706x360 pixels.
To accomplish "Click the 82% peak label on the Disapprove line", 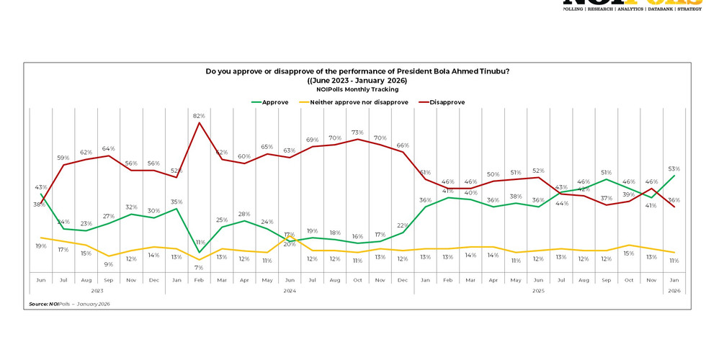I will [x=199, y=116].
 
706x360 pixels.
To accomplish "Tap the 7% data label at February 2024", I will [x=199, y=268].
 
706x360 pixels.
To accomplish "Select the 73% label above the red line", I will [x=357, y=133].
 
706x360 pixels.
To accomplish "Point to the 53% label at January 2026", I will [x=674, y=169].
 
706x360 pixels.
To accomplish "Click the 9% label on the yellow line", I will [x=109, y=264].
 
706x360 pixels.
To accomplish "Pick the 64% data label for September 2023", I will [x=109, y=149].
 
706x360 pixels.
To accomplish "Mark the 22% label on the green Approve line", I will [x=402, y=225].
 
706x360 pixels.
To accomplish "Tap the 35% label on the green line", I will [x=176, y=202].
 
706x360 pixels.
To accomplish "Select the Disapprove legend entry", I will [x=447, y=102].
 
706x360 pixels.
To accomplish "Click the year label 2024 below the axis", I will [x=290, y=291].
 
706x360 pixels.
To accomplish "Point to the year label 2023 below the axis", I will [x=97, y=291].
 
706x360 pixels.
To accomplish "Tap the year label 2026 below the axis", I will [x=674, y=291].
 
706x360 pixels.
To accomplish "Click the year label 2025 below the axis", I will [x=538, y=291].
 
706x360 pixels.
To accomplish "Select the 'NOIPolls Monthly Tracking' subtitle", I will [x=357, y=89].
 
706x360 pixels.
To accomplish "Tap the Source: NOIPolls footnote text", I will [x=69, y=304].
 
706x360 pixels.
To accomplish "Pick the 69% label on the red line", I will [x=313, y=140].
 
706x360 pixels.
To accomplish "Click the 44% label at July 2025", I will [x=561, y=203].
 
